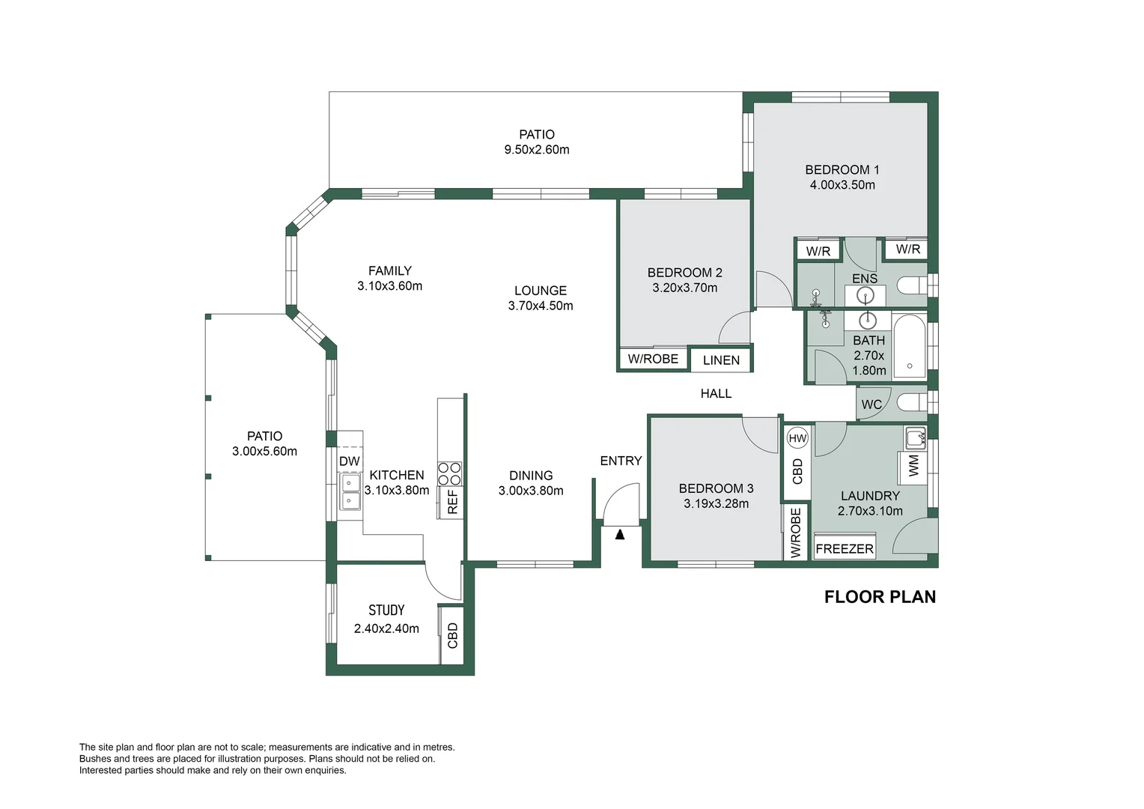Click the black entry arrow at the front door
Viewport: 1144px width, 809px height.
tap(619, 535)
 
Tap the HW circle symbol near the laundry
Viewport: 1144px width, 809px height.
tap(797, 438)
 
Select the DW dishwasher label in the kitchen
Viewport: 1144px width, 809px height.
tap(350, 461)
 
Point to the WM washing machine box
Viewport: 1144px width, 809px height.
tap(913, 466)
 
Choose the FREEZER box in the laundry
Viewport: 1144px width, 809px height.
tap(845, 548)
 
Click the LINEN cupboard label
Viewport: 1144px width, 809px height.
tap(721, 360)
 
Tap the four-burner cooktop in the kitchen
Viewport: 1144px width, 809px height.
tap(449, 473)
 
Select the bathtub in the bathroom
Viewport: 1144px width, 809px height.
tap(910, 347)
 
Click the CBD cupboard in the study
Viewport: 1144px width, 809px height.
tap(452, 635)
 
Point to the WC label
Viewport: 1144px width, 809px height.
tap(871, 404)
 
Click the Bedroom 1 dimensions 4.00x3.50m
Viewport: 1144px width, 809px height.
tap(842, 185)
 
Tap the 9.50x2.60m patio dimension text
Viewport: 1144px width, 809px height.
tap(537, 150)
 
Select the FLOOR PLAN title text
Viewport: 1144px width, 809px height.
tap(880, 597)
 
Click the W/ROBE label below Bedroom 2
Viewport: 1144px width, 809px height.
tap(653, 359)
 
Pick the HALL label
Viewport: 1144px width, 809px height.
tap(716, 393)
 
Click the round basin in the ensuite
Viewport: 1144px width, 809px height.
tap(865, 295)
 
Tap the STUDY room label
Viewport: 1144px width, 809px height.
tap(386, 610)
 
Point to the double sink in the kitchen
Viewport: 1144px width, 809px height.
tap(350, 491)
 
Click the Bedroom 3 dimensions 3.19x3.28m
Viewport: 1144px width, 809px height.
tap(716, 504)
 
